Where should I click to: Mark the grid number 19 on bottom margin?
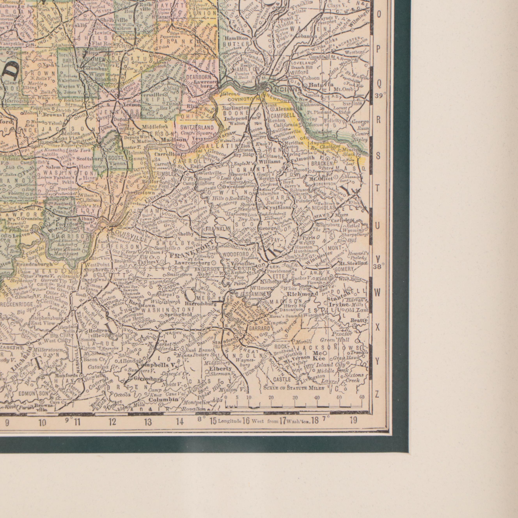point(353,420)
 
